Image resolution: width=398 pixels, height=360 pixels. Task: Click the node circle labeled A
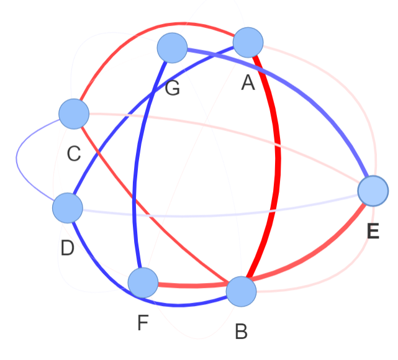click(248, 42)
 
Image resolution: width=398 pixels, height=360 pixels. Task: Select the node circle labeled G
click(172, 48)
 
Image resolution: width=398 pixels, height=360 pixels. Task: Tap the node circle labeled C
click(74, 114)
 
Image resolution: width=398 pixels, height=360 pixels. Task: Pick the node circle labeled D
click(68, 208)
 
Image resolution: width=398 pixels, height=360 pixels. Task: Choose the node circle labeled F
click(143, 282)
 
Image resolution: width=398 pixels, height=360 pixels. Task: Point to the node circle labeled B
click(241, 292)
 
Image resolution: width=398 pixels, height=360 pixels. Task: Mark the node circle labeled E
click(373, 191)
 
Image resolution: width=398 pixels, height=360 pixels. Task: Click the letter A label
click(248, 83)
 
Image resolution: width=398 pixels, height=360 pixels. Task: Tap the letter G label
click(173, 88)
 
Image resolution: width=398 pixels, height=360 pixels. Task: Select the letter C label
click(74, 154)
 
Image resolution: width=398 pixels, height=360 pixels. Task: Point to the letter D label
click(68, 248)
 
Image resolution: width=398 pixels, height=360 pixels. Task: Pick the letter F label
click(143, 323)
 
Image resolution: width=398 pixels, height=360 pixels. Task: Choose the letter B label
click(241, 331)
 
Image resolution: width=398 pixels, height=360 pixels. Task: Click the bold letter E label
click(373, 231)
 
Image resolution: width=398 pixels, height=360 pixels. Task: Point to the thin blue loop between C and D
click(17, 158)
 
